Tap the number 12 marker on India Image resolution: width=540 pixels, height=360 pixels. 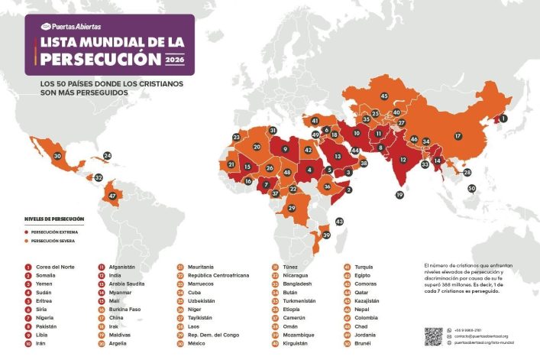[403, 161]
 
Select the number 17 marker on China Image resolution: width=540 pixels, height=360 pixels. [458, 136]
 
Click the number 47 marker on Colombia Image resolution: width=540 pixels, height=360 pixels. [112, 196]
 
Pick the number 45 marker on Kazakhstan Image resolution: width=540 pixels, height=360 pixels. [383, 96]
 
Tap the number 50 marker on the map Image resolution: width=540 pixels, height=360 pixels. [471, 188]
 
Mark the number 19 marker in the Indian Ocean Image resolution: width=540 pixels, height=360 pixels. [399, 196]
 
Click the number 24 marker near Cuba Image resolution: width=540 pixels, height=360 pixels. [107, 156]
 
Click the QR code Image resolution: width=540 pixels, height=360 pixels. [433, 336]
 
